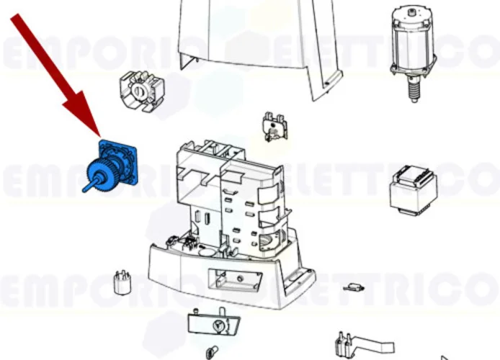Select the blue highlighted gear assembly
click(x=108, y=167)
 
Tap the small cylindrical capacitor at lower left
click(x=122, y=282)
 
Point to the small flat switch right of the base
click(x=353, y=287)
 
